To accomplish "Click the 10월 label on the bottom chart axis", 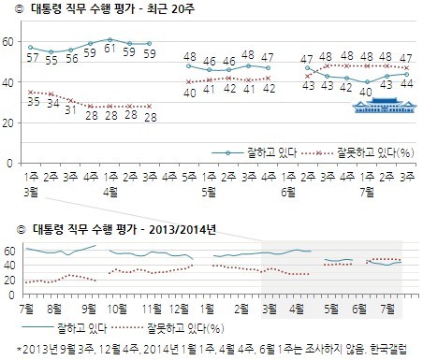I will click(119, 308).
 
